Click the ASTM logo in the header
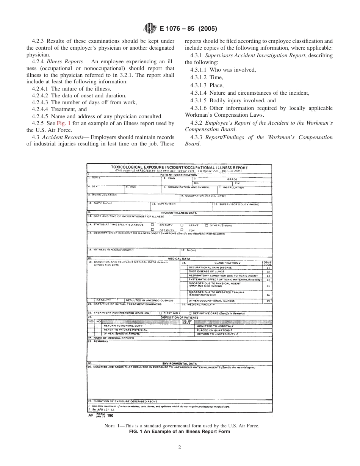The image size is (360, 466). [x=149, y=28]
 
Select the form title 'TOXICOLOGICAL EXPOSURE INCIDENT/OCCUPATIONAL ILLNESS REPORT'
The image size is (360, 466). [x=179, y=167]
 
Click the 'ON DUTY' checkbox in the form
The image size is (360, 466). [x=152, y=225]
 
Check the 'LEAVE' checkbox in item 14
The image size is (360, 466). [x=182, y=225]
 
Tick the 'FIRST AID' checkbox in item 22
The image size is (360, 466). [x=161, y=313]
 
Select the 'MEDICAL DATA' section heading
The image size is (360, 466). [x=179, y=259]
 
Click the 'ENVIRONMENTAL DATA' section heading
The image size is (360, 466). [x=179, y=363]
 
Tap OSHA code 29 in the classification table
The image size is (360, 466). [x=268, y=301]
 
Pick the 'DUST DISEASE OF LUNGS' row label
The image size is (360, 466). [x=207, y=272]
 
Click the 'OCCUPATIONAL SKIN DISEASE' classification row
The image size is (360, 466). [x=210, y=267]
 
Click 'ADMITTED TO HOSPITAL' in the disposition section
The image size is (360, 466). [x=215, y=326]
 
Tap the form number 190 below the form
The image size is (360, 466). [x=110, y=415]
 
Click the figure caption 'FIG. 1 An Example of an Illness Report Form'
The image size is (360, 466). [x=180, y=432]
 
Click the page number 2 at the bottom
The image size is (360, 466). [x=180, y=447]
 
